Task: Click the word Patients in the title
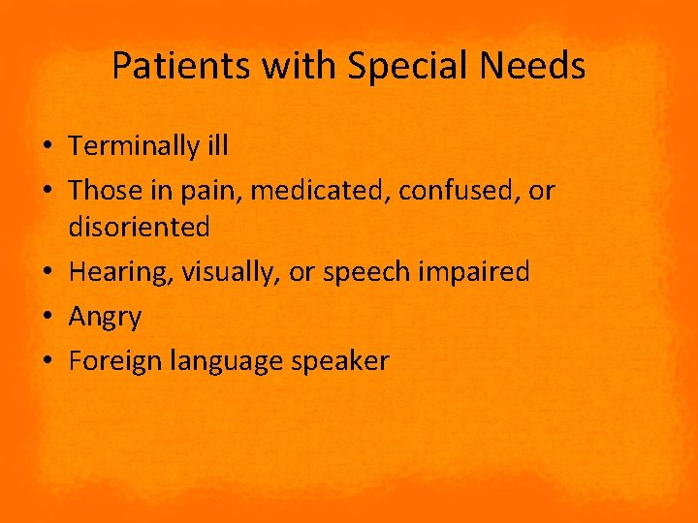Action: point(169,67)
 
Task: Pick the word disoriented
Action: point(139,228)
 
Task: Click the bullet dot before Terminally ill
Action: point(48,147)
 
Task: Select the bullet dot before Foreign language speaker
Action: point(48,362)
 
